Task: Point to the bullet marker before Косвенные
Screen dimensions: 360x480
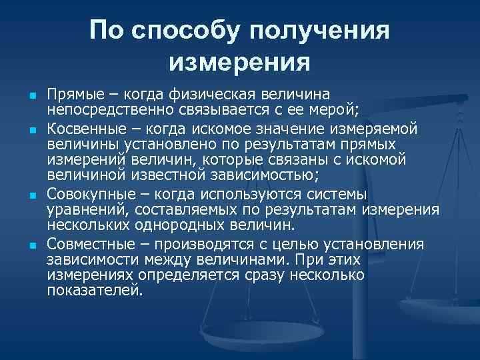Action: (x=33, y=127)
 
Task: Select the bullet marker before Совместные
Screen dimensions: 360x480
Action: (x=33, y=246)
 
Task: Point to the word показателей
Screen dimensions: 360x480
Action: (x=94, y=291)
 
